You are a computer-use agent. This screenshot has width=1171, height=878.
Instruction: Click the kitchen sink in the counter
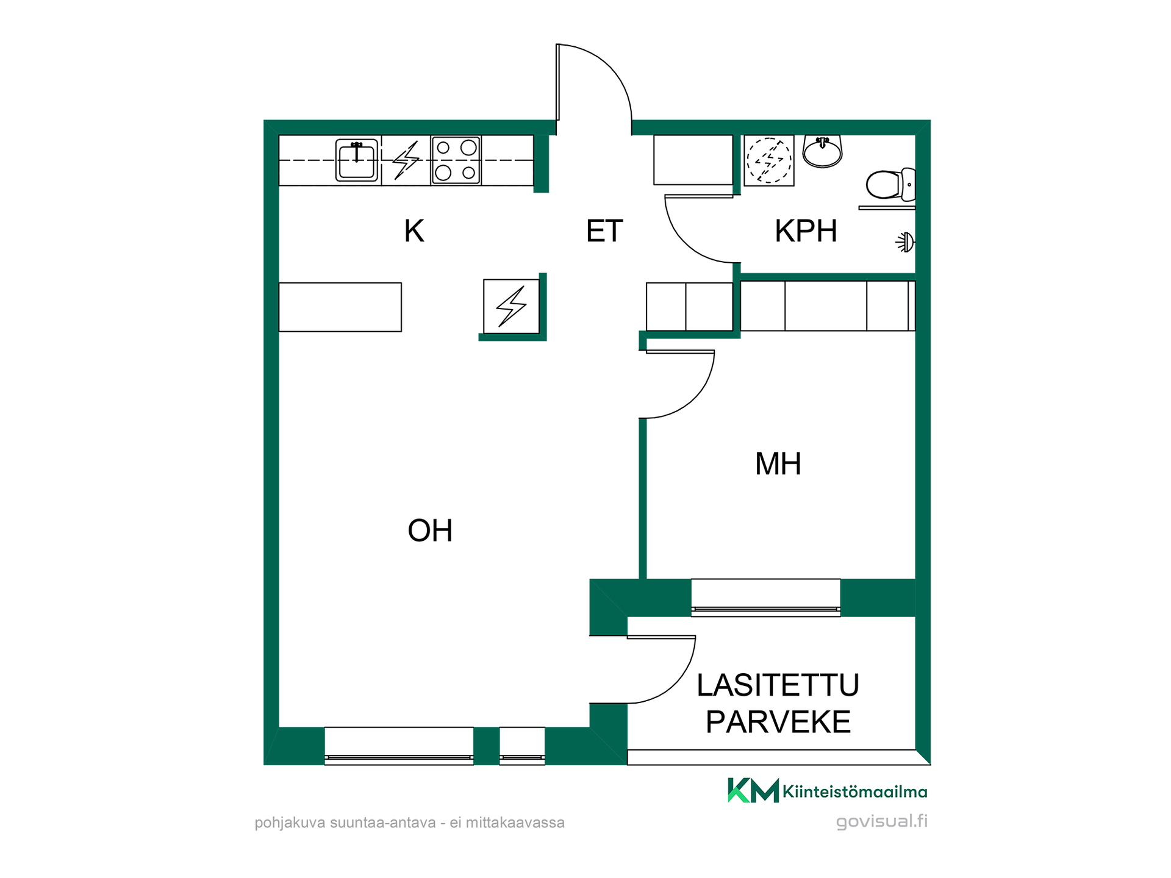(357, 160)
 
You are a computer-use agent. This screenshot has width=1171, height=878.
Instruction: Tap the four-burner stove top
(456, 160)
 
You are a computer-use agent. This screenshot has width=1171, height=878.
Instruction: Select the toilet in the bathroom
(891, 184)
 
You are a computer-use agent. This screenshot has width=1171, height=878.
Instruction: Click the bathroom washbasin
(822, 151)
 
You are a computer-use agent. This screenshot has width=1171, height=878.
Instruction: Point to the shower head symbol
(906, 243)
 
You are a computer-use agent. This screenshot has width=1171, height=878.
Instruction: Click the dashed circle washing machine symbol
(769, 160)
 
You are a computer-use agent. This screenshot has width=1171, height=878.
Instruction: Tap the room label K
(414, 231)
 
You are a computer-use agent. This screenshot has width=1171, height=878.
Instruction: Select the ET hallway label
(604, 231)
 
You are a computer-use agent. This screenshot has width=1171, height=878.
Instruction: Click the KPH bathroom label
(806, 231)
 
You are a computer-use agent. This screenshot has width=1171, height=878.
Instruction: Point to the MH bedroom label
(778, 463)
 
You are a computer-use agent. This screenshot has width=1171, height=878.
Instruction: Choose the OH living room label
(430, 530)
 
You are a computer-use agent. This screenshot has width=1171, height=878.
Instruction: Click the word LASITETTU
(778, 685)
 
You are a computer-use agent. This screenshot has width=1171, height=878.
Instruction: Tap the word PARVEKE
(778, 722)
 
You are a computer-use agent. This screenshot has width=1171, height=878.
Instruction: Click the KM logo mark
(753, 790)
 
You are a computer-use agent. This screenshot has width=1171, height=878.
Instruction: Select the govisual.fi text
(882, 821)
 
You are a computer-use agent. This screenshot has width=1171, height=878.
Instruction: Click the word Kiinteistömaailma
(855, 792)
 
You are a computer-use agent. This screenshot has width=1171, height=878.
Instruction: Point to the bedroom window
(765, 598)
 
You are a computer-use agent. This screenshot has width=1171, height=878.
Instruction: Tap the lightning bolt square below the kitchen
(511, 306)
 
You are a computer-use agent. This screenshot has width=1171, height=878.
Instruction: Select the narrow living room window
(522, 746)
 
